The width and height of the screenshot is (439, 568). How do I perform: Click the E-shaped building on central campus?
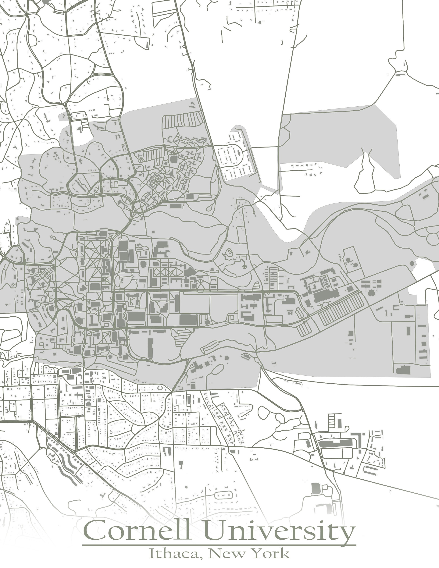(x=107, y=265)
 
